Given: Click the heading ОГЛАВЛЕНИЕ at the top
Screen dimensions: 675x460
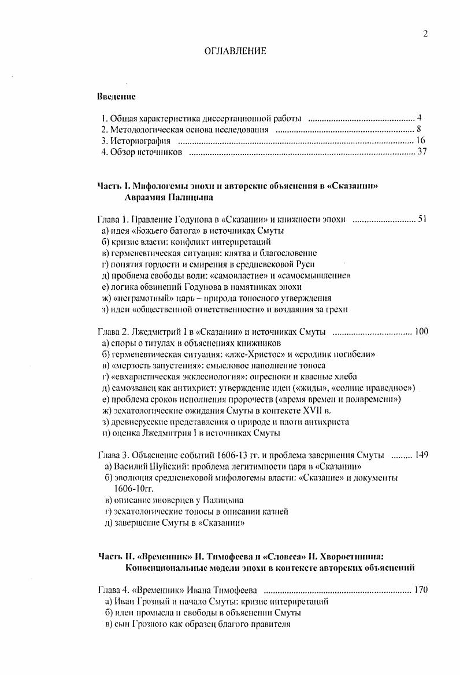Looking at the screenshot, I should (235, 51).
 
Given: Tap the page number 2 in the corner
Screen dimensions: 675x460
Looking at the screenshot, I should (425, 34).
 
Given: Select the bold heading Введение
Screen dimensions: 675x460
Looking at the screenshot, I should (116, 96).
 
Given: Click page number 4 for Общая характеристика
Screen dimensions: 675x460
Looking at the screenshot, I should (420, 119).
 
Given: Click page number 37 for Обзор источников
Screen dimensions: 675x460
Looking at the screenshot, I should (422, 152).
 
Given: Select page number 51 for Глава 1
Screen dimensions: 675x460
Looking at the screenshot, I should (422, 220).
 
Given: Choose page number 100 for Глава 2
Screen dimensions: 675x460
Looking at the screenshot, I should (421, 331).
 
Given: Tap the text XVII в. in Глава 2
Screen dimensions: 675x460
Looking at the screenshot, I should (317, 411).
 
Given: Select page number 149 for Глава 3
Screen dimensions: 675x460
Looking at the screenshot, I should (421, 455).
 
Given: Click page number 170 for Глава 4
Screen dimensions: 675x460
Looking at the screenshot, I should (421, 590).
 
